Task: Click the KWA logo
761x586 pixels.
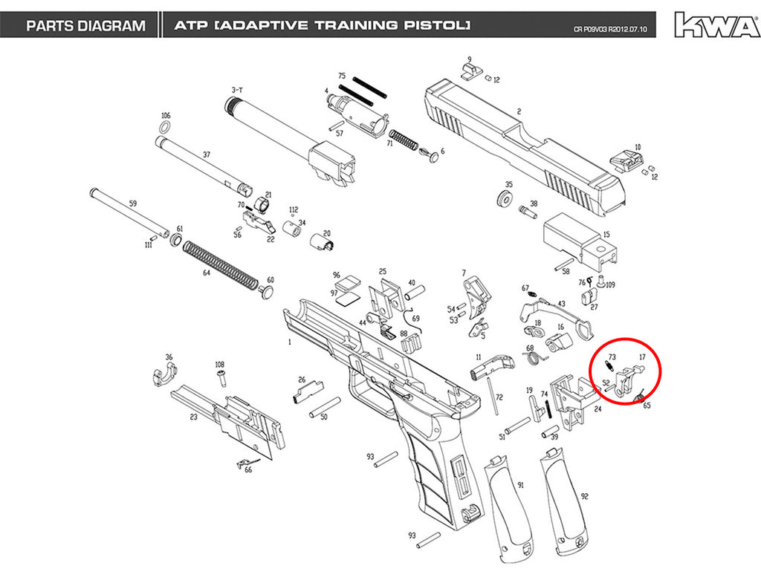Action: tap(717, 25)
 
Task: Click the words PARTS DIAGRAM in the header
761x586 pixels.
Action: tap(86, 26)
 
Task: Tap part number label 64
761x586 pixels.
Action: tap(207, 273)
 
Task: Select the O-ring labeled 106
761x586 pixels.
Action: tap(164, 128)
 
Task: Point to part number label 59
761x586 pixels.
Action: tap(133, 204)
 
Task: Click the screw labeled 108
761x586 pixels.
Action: tap(221, 377)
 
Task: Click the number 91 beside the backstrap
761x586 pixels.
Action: tap(521, 485)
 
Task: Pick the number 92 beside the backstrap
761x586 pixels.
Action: tap(585, 496)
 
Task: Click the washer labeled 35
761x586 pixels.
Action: tap(505, 199)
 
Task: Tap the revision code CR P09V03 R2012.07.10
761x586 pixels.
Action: tap(610, 29)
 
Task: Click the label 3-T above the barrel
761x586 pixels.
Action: tap(237, 90)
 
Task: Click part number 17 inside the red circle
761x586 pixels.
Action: tap(643, 357)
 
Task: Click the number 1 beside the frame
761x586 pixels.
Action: tap(290, 342)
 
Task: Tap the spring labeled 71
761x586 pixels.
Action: tap(404, 140)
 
